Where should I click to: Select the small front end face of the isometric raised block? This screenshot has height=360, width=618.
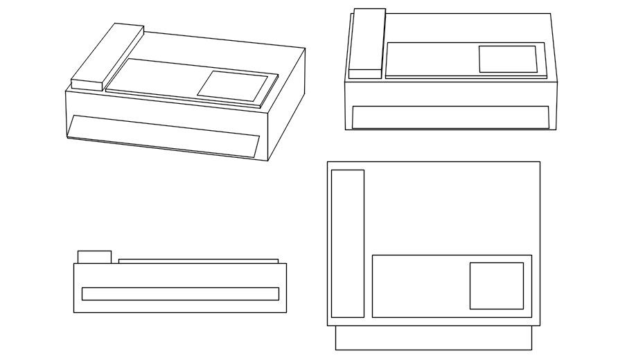[87, 84]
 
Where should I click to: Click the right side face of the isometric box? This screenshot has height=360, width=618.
[286, 104]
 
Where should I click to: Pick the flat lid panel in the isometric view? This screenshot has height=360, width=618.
[159, 78]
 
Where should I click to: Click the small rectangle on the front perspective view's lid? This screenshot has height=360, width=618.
[508, 59]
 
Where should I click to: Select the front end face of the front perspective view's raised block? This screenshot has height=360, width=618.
[365, 73]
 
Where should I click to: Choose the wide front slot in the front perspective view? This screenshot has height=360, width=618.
[450, 117]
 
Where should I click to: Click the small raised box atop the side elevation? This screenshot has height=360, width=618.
[94, 257]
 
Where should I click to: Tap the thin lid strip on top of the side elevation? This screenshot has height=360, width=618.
[198, 261]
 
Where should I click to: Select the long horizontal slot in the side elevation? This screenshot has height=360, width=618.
[180, 294]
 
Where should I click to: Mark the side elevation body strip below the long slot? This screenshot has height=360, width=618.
[180, 307]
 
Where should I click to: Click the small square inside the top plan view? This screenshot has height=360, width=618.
[496, 285]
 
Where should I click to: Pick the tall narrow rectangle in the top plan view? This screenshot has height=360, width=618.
[347, 243]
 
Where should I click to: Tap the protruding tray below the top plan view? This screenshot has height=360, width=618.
[434, 338]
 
